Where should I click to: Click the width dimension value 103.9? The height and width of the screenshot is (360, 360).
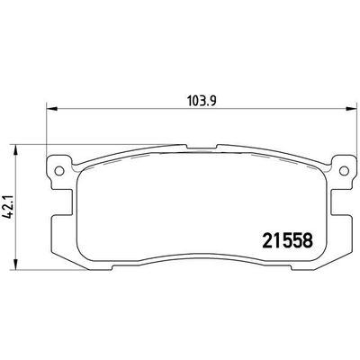tap(202, 101)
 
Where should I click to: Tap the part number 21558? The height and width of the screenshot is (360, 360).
tap(288, 241)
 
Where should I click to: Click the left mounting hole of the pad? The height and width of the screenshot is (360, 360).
tap(59, 171)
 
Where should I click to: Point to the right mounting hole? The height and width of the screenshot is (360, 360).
tap(344, 171)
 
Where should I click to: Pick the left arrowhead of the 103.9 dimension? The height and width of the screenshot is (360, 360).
tap(51, 109)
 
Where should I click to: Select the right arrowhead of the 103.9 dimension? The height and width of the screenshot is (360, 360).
tap(350, 109)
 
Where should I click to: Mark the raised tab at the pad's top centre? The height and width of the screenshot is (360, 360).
tap(202, 147)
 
